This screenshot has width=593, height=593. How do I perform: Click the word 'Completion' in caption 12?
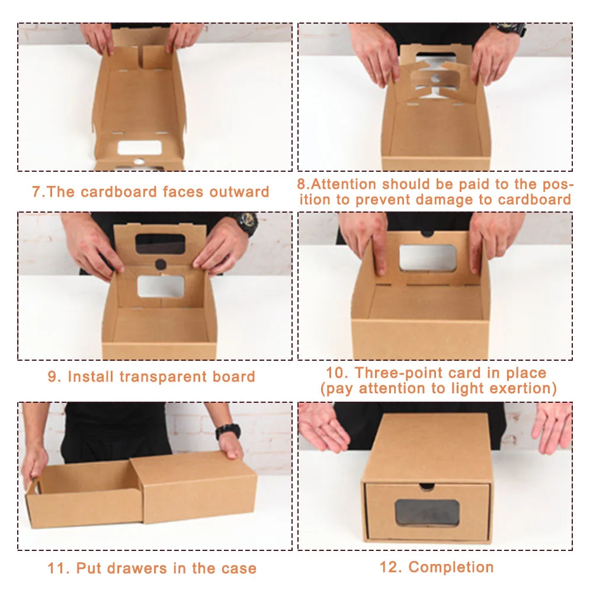point(451,567)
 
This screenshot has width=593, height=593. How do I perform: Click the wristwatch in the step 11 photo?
point(227,431)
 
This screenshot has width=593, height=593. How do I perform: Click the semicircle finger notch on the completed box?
point(426,487)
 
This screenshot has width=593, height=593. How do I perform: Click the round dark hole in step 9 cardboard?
point(161,264)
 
